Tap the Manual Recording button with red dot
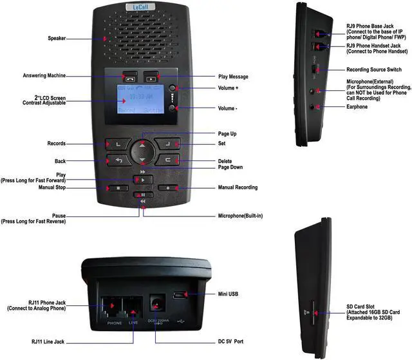click(x=167, y=188)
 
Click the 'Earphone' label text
click(x=357, y=106)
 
